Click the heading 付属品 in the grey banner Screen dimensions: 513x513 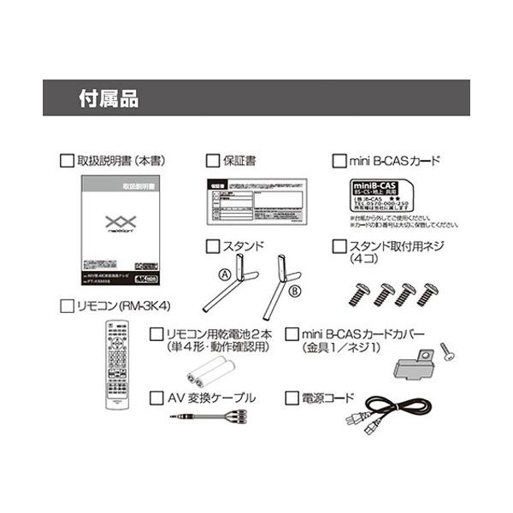[108, 97]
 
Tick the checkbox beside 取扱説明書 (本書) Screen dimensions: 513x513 [68, 159]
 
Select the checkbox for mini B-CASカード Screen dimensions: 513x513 [339, 159]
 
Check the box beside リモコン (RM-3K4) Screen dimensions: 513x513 [68, 305]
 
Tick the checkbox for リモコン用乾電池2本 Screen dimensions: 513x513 [156, 333]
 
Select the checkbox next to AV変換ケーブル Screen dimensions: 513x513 [156, 397]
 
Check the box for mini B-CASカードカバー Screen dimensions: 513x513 [290, 333]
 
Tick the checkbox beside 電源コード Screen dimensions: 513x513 [290, 397]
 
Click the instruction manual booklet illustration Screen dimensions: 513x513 [120, 230]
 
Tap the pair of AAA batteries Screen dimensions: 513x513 [206, 373]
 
